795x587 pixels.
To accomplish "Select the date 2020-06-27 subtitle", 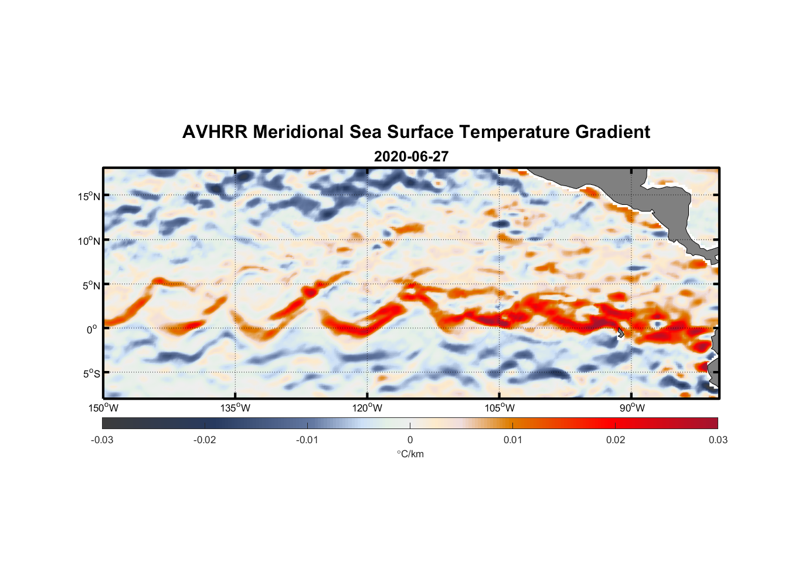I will [x=411, y=157].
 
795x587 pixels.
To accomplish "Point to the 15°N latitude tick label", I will [x=89, y=196].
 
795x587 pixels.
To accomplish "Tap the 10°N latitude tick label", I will [x=89, y=241].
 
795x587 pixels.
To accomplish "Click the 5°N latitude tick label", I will [x=91, y=285].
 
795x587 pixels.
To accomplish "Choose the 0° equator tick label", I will [x=93, y=329].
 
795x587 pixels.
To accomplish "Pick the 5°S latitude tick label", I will [x=91, y=374].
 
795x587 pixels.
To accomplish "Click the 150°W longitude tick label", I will [x=104, y=408].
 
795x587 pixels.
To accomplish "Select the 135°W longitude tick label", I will [x=236, y=408].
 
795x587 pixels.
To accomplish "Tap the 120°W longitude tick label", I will [x=368, y=408].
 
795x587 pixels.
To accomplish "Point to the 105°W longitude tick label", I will [x=500, y=408].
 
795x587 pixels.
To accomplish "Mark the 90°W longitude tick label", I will [x=632, y=408].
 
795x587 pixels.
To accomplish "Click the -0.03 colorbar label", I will [x=102, y=440].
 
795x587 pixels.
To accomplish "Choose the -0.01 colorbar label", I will [x=307, y=440].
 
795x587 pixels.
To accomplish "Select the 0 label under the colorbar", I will [x=410, y=440].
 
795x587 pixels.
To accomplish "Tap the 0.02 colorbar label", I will [x=616, y=440].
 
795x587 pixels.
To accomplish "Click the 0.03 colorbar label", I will [x=718, y=440].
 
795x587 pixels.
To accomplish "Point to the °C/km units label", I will [x=410, y=454].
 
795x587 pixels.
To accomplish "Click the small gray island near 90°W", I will [x=621, y=333].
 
